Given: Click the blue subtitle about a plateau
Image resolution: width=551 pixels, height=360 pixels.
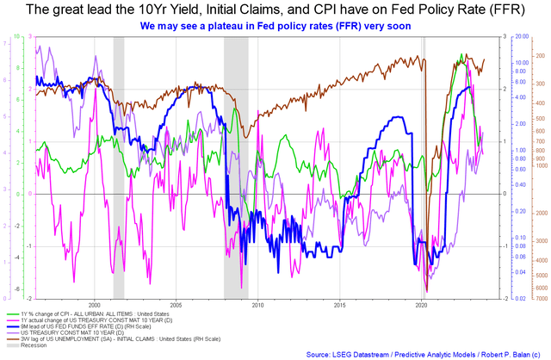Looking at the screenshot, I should (x=275, y=27).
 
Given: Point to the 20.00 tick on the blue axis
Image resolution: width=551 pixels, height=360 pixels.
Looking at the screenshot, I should (x=522, y=38).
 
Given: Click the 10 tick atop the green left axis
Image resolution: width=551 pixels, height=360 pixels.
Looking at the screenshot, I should (x=7, y=40).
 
